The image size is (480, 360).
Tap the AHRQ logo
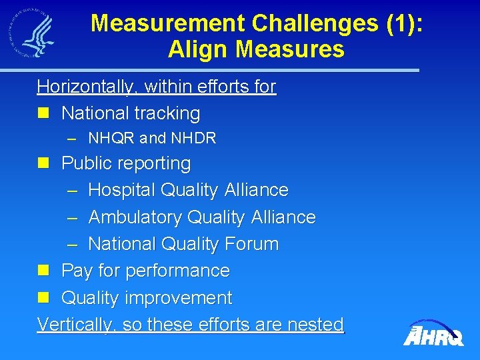pyautogui.click(x=433, y=332)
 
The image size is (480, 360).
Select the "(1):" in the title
pyautogui.click(x=403, y=23)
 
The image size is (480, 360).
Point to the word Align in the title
pyautogui.click(x=196, y=49)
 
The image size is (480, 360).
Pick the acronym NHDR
pyautogui.click(x=193, y=139)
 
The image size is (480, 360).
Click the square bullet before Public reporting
pyautogui.click(x=45, y=163)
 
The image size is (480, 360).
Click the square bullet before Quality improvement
pyautogui.click(x=45, y=298)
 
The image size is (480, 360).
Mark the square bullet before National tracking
pyautogui.click(x=45, y=114)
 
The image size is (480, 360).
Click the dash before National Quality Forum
pyautogui.click(x=73, y=244)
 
